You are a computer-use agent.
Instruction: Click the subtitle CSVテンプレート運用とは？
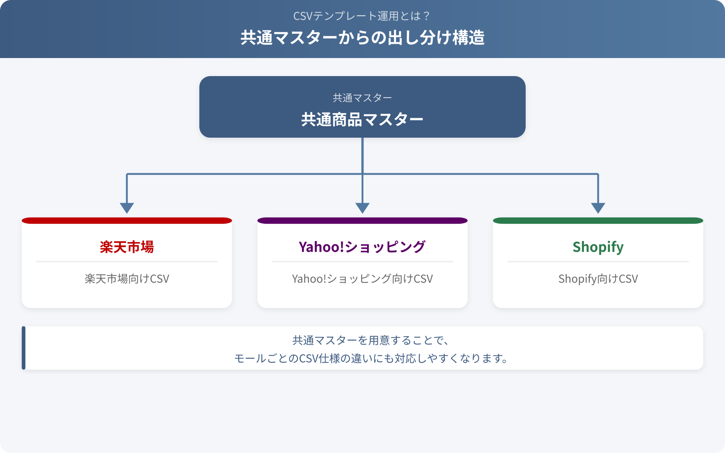click(362, 16)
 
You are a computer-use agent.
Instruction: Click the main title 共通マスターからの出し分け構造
click(362, 38)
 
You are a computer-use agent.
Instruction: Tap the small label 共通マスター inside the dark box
click(362, 98)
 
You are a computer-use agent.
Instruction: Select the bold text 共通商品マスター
click(362, 119)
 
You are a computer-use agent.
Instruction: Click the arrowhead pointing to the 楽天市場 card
click(127, 208)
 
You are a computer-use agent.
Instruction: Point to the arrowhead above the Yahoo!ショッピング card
click(362, 208)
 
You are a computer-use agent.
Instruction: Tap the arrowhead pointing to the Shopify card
click(598, 208)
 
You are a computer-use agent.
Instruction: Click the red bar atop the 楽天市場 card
click(127, 220)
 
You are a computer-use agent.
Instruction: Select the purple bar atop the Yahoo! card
click(362, 220)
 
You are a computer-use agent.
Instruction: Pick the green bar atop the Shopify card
click(598, 220)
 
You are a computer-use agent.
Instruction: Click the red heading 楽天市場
click(127, 247)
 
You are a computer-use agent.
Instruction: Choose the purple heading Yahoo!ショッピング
click(362, 247)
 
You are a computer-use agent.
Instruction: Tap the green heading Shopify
click(598, 247)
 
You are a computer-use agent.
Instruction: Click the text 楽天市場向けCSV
click(127, 279)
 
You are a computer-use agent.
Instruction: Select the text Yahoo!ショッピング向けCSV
click(362, 279)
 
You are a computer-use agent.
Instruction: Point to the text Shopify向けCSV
click(598, 279)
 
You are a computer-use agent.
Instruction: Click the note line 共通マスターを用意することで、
click(371, 340)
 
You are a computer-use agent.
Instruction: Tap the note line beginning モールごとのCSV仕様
click(371, 359)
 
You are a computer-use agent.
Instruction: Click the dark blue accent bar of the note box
click(24, 348)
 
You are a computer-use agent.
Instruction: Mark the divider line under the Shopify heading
click(598, 262)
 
